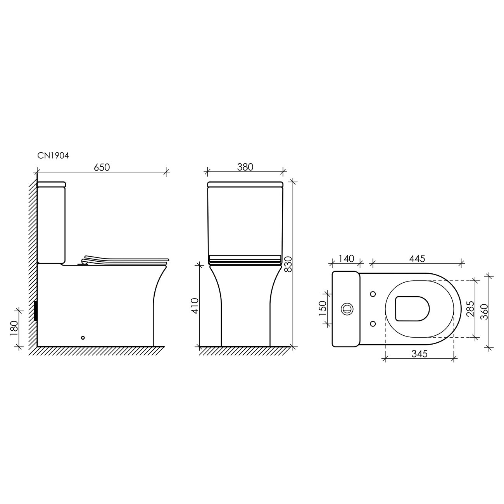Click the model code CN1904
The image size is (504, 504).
pos(53,155)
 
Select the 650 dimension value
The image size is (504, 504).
pos(102,167)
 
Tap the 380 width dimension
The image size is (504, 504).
pos(245,167)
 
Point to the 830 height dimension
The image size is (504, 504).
pos(288,264)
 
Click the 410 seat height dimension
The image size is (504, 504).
pos(195,306)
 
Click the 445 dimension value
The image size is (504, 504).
pos(417,259)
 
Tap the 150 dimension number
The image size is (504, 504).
pos(323,309)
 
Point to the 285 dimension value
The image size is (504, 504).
pos(470,309)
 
